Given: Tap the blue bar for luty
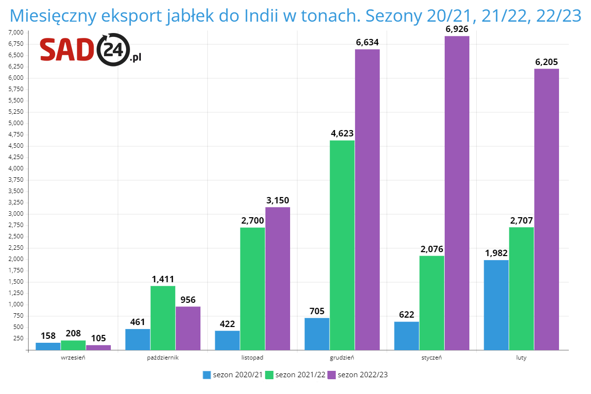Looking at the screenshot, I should click(496, 305).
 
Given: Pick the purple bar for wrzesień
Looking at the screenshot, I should click(98, 347).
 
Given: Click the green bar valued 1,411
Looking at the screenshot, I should click(163, 318).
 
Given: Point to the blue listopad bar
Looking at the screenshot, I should click(228, 340).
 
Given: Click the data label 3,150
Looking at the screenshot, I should click(278, 200).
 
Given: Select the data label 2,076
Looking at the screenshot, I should click(432, 249).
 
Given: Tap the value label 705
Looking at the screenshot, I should click(317, 311).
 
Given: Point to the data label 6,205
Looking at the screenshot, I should click(547, 62).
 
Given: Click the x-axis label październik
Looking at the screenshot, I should click(163, 358).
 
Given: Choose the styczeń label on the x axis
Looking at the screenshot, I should click(431, 358).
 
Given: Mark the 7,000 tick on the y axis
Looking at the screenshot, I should click(16, 33).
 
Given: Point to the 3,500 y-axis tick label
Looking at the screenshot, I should click(16, 191).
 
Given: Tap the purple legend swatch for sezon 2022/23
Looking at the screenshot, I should click(331, 375).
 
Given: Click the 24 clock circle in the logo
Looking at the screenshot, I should click(114, 50).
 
